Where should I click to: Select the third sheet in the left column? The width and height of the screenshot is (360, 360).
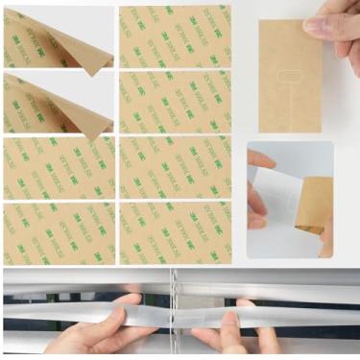58,169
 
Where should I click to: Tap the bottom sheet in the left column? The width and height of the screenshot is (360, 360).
58,233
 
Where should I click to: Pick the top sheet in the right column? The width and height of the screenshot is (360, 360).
175,36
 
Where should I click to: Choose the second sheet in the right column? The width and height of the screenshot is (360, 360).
175,101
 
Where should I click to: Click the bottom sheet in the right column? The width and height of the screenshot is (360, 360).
175,233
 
